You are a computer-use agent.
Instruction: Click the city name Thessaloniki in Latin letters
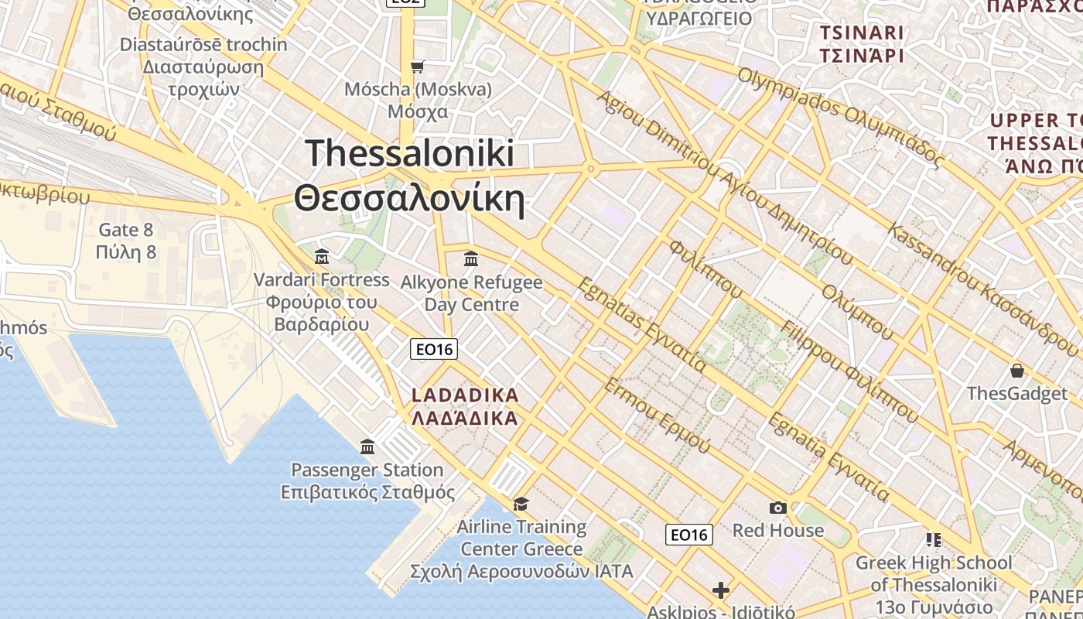(x=410, y=153)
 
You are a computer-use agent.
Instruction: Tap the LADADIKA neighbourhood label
(x=465, y=395)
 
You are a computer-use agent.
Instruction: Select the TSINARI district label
(x=861, y=33)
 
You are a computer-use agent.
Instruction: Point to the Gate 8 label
(x=126, y=230)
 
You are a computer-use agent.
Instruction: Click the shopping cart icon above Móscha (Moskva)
(x=418, y=67)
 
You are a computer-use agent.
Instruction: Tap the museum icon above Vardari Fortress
(x=322, y=256)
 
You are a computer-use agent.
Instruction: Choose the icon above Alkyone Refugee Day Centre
(x=470, y=258)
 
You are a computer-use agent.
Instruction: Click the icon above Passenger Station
(x=367, y=447)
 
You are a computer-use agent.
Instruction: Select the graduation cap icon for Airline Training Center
(x=521, y=504)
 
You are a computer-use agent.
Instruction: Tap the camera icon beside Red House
(x=778, y=508)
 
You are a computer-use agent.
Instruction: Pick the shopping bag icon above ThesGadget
(x=1016, y=371)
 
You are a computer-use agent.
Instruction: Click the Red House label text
(x=778, y=531)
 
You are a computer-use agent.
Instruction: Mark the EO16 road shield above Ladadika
(x=433, y=350)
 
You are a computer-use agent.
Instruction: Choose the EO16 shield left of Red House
(x=688, y=535)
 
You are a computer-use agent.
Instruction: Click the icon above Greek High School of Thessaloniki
(x=933, y=539)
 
